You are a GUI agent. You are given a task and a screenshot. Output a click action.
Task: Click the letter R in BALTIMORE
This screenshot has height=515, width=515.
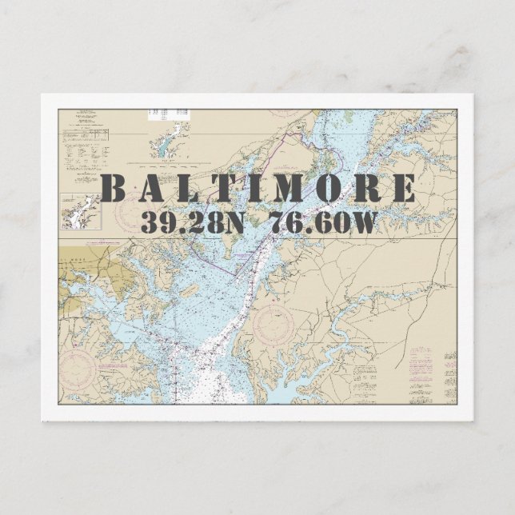point(369,190)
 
